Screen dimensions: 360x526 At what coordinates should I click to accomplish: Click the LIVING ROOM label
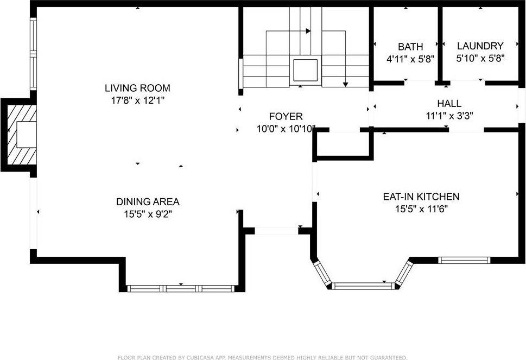(x=137, y=88)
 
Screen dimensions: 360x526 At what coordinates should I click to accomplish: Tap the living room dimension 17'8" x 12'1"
(x=137, y=100)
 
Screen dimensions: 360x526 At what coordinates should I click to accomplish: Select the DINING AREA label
(x=148, y=202)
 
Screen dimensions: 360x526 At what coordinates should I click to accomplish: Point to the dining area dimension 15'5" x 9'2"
(x=148, y=214)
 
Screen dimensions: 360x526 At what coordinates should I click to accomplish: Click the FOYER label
(x=286, y=117)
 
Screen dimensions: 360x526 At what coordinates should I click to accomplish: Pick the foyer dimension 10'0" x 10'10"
(x=286, y=129)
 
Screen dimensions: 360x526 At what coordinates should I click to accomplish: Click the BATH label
(x=410, y=47)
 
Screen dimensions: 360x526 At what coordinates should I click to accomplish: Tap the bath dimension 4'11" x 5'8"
(x=410, y=59)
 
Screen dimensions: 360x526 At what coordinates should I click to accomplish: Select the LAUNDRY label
(x=480, y=46)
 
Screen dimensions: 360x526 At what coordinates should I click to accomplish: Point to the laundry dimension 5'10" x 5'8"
(x=480, y=58)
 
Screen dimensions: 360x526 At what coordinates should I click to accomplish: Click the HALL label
(x=449, y=103)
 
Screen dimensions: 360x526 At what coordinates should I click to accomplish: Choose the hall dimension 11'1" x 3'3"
(x=449, y=115)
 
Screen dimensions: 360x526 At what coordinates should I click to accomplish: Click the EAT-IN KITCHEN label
(x=421, y=197)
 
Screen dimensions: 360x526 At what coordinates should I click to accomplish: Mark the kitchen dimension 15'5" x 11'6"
(x=421, y=209)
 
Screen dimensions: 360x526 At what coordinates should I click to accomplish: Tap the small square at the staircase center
(x=305, y=70)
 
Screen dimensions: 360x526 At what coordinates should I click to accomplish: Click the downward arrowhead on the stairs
(x=345, y=84)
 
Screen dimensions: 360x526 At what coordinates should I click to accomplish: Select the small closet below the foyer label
(x=344, y=144)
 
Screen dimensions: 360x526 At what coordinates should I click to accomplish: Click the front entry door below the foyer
(x=276, y=231)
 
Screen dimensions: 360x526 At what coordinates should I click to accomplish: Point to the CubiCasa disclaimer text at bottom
(x=263, y=357)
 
